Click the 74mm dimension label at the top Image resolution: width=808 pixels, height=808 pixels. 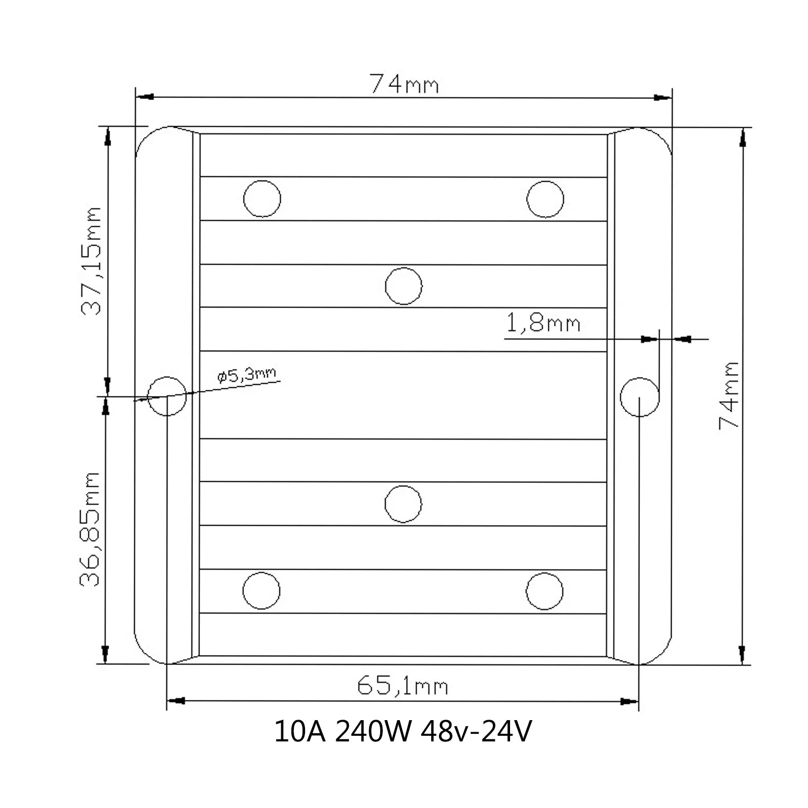404,84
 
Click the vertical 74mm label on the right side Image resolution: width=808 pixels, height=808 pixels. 729,395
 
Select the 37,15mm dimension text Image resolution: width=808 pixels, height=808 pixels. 92,261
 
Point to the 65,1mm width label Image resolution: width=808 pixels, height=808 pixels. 402,686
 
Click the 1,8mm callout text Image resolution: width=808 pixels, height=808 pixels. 543,323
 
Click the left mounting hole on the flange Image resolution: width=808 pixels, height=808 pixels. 167,396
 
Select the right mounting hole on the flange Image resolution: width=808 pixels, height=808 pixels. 639,396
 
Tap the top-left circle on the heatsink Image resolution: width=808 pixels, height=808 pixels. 262,198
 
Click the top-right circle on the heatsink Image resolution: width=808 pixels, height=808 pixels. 545,199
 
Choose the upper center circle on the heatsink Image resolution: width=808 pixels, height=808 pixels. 403,286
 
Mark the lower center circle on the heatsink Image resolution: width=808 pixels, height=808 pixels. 403,504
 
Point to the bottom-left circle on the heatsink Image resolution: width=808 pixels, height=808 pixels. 262,591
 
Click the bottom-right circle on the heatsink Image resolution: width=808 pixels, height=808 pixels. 544,591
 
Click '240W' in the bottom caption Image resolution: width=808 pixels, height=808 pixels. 373,732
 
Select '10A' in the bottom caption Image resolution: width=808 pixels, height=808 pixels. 300,732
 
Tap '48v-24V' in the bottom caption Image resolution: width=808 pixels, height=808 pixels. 476,732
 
